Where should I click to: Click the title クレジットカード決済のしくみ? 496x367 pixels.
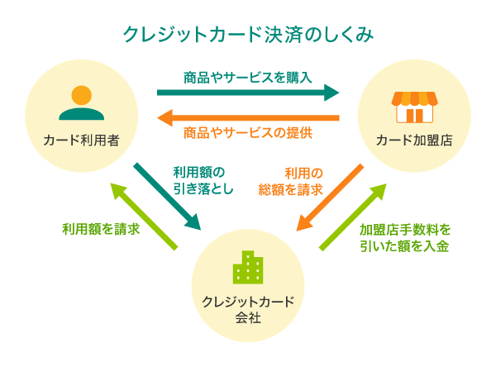[x=248, y=35]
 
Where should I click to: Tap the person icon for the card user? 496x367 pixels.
[x=81, y=103]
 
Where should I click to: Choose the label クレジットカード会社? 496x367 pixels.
[x=248, y=307]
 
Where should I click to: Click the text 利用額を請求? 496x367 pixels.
[x=101, y=228]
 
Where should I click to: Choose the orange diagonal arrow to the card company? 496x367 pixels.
[x=330, y=198]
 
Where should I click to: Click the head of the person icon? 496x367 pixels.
[x=81, y=93]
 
